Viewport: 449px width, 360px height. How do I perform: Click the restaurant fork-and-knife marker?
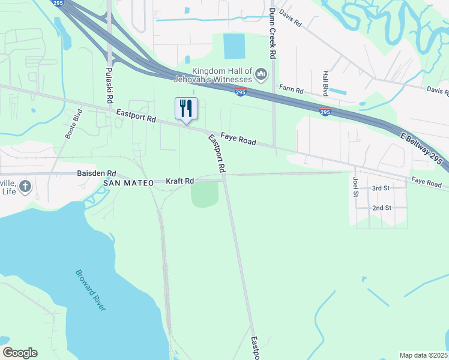click(186, 109)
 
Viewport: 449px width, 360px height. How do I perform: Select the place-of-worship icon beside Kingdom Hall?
click(261, 74)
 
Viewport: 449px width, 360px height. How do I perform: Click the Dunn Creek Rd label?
click(273, 33)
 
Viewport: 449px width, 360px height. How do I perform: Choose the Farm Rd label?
click(291, 90)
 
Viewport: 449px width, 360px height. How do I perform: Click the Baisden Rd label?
click(96, 173)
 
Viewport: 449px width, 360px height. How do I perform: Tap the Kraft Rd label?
click(180, 181)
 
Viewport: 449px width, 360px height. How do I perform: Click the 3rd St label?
click(381, 188)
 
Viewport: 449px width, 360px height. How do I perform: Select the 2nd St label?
click(382, 208)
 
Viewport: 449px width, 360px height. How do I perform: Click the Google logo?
click(20, 353)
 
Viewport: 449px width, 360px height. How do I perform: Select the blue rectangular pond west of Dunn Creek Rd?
click(234, 46)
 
